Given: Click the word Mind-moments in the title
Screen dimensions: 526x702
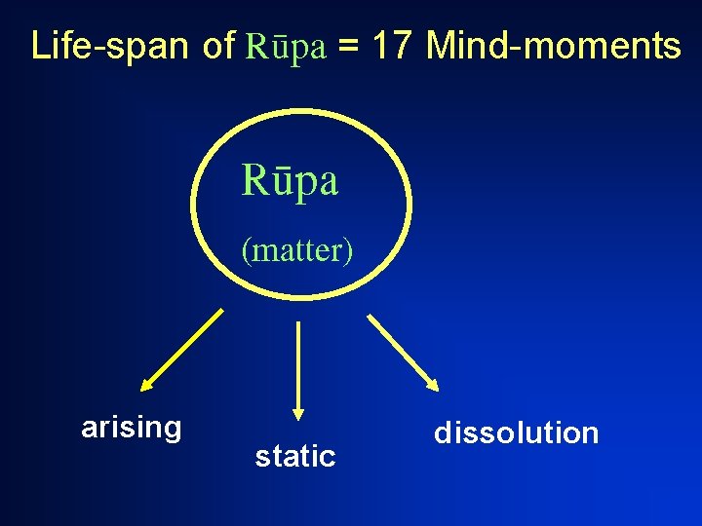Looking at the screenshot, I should pyautogui.click(x=554, y=46).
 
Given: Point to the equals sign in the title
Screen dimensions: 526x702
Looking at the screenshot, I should pyautogui.click(x=351, y=47).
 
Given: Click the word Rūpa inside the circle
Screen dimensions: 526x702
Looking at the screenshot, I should pyautogui.click(x=290, y=180).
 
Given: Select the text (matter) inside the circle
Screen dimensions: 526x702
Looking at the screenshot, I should pyautogui.click(x=297, y=250).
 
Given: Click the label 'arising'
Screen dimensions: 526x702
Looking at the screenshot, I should pyautogui.click(x=132, y=428).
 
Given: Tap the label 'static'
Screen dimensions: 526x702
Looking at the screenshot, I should pyautogui.click(x=294, y=455).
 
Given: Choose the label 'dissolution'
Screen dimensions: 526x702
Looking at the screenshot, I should pyautogui.click(x=517, y=432).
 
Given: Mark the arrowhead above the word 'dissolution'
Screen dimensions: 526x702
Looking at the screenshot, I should pyautogui.click(x=432, y=383).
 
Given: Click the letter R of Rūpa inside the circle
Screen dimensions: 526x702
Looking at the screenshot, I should pyautogui.click(x=253, y=180).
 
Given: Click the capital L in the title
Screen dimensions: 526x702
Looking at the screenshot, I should pyautogui.click(x=40, y=46).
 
